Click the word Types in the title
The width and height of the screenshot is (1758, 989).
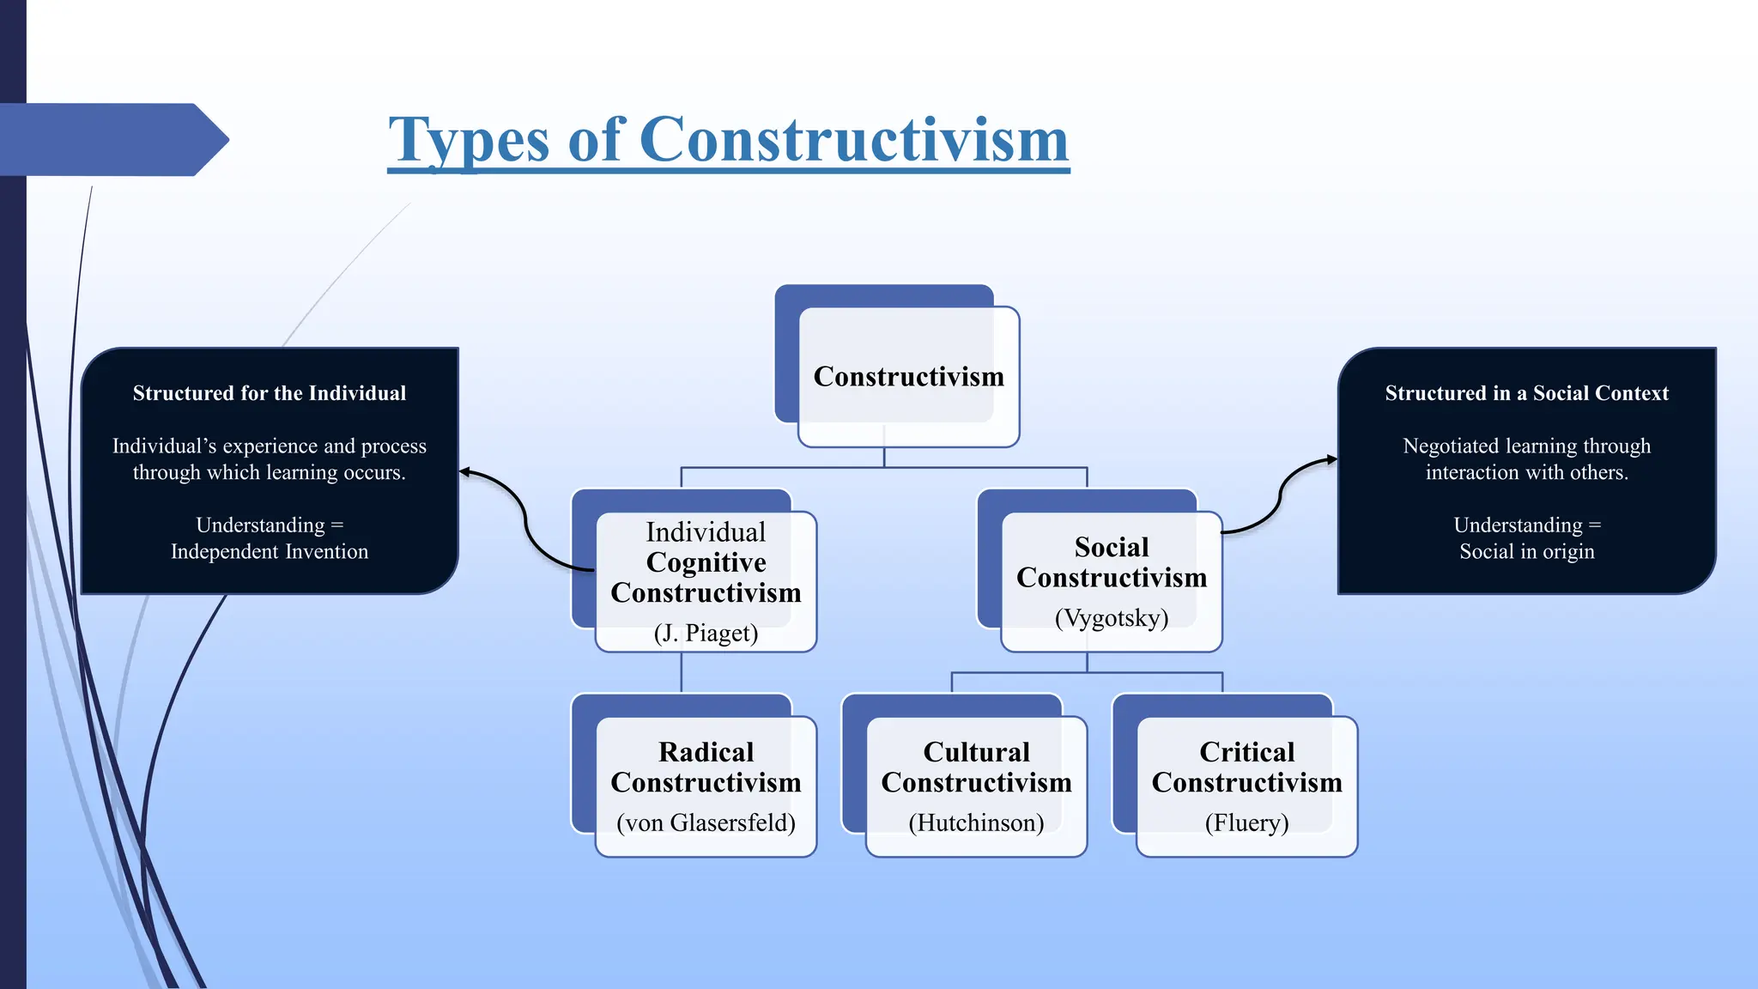469,140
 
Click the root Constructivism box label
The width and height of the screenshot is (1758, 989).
908,377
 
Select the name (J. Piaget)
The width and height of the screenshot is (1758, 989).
706,634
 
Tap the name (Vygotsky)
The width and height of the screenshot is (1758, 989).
1112,618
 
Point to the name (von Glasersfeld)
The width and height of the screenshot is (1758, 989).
706,823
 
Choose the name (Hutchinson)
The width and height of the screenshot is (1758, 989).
976,823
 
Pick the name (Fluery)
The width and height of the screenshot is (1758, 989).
1246,823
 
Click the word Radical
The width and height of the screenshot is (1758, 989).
706,752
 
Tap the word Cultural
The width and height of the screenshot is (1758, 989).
976,752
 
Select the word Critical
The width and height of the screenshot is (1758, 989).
1246,752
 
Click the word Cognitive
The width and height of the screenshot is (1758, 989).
706,562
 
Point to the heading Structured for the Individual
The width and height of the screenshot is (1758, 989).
270,393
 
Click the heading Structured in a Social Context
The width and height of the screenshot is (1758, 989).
1526,393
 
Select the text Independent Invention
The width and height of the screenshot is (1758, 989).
270,551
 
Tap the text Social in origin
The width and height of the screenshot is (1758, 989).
1526,551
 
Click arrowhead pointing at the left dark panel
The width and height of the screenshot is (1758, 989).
464,471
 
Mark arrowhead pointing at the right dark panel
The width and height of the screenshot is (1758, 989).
1332,459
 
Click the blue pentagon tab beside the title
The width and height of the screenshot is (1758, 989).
112,139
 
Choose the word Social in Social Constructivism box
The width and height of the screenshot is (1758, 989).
1112,547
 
